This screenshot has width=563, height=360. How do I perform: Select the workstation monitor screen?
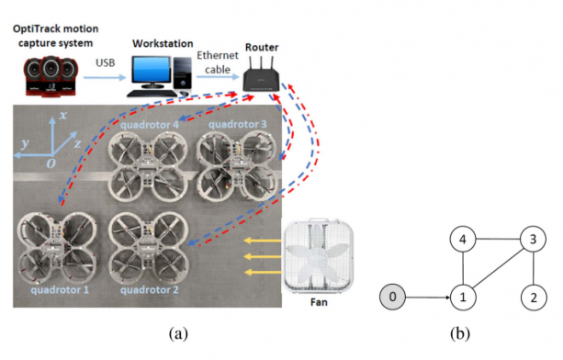click(x=151, y=70)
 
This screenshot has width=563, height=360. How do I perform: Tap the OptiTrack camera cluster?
click(x=51, y=76)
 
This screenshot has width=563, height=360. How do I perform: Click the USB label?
click(x=106, y=62)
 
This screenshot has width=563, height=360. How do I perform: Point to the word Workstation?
click(x=163, y=43)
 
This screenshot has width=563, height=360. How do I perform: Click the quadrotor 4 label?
click(x=150, y=125)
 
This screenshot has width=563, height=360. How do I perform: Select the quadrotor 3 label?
click(x=238, y=124)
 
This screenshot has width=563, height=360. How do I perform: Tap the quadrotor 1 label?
click(x=60, y=289)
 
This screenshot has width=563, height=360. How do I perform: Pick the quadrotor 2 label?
click(x=150, y=289)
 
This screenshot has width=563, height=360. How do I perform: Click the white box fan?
click(x=318, y=255)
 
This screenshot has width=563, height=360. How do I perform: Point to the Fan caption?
click(x=319, y=302)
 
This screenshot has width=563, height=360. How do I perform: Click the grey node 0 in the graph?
click(x=392, y=297)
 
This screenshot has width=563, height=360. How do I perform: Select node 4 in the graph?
click(x=463, y=239)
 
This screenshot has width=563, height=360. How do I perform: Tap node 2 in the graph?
click(x=534, y=298)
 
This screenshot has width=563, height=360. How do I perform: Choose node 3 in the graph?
click(x=534, y=239)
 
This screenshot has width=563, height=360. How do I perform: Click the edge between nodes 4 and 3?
click(x=498, y=239)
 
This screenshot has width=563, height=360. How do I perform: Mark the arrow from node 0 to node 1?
click(x=428, y=298)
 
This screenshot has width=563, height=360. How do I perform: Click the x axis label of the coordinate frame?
click(x=63, y=115)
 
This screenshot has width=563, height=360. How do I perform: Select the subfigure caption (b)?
click(x=460, y=333)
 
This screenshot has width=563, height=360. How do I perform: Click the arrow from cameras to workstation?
click(x=105, y=77)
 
